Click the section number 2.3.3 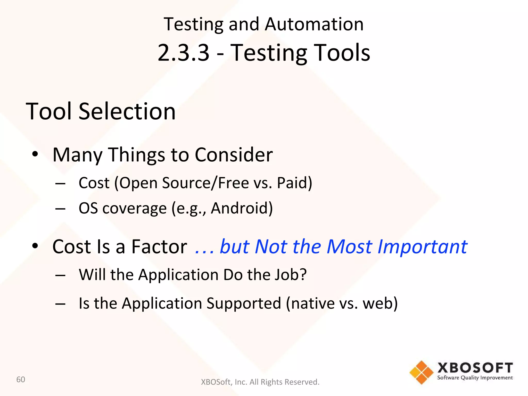[x=183, y=53]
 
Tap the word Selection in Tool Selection [x=127, y=111]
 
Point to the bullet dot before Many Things [x=35, y=154]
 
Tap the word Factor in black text [x=159, y=247]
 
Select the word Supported [x=244, y=303]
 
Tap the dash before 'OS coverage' [x=60, y=208]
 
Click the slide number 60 [x=21, y=379]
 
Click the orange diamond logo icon [x=421, y=372]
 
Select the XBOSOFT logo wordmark [x=475, y=368]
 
